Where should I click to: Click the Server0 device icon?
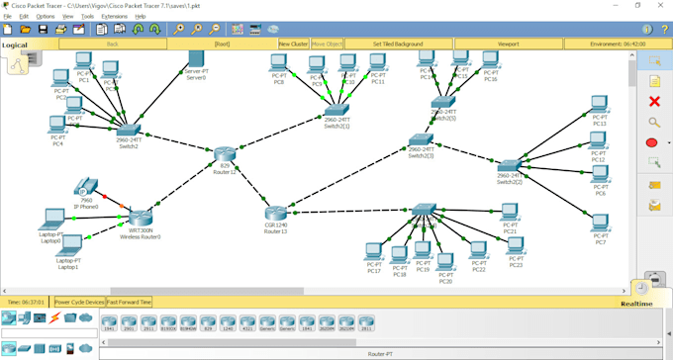(196, 61)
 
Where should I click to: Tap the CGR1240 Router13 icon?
(275, 213)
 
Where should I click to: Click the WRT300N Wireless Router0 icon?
(141, 219)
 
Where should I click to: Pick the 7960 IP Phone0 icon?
(86, 185)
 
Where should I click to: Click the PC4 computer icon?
(57, 125)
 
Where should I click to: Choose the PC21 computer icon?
(509, 212)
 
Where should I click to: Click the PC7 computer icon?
(600, 225)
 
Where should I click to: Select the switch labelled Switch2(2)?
(509, 166)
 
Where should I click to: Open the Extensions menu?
(114, 17)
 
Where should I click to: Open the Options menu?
(46, 17)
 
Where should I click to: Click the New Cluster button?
(293, 45)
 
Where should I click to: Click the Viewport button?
(508, 45)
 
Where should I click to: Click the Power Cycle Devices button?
(79, 302)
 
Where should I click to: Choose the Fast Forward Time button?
(129, 302)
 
